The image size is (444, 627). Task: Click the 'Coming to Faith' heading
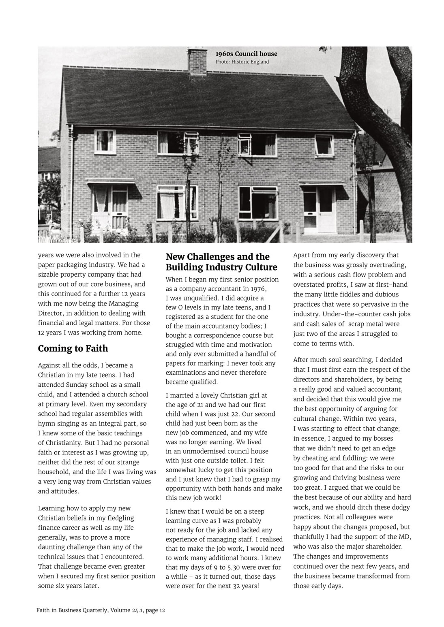click(73, 349)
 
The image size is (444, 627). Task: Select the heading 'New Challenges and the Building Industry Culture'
click(221, 262)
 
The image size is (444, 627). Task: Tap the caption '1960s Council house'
click(246, 54)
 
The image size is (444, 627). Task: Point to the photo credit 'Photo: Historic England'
click(242, 62)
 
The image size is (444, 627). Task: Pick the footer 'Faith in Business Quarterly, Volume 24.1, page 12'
click(101, 610)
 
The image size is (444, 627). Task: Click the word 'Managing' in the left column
click(122, 303)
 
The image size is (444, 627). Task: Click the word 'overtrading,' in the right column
click(386, 265)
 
